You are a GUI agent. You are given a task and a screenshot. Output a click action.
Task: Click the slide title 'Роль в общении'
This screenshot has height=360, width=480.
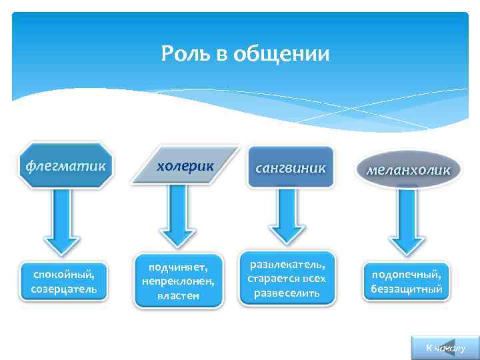pyautogui.click(x=245, y=53)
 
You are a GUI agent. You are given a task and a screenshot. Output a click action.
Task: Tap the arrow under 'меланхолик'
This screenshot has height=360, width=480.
pyautogui.click(x=402, y=220)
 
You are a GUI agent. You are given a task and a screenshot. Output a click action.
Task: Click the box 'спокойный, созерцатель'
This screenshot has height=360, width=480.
pyautogui.click(x=63, y=281)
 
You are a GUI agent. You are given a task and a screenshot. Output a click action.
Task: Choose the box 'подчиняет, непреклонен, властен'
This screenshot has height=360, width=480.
pyautogui.click(x=179, y=281)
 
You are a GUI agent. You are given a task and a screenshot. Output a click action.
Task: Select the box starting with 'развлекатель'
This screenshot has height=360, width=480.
pyautogui.click(x=287, y=275)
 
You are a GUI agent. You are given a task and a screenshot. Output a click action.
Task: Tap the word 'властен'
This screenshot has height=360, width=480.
pyautogui.click(x=179, y=295)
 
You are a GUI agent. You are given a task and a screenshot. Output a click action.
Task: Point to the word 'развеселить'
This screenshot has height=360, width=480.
pyautogui.click(x=287, y=293)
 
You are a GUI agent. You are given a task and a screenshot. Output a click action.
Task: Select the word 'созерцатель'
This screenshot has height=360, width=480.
pyautogui.click(x=63, y=289)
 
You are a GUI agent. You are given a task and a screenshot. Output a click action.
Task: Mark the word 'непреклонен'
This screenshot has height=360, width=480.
pyautogui.click(x=179, y=281)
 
